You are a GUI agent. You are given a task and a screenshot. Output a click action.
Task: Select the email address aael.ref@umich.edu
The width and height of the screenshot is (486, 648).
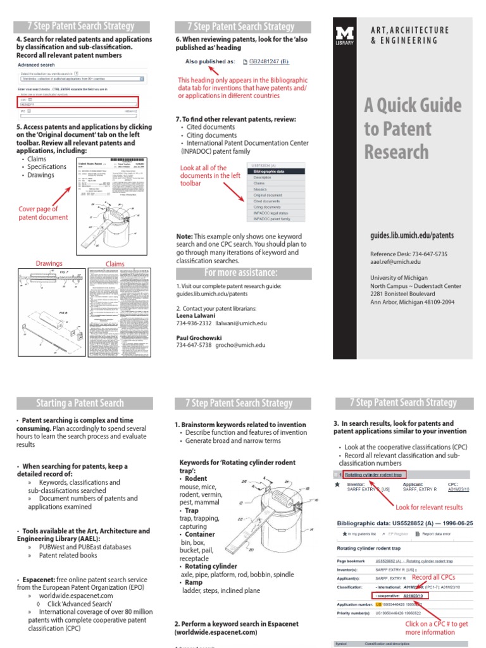point(395,261)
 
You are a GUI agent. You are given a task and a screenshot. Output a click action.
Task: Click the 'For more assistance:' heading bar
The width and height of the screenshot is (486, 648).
point(240,273)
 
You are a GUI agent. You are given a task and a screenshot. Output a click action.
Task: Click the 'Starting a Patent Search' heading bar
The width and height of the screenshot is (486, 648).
point(84,403)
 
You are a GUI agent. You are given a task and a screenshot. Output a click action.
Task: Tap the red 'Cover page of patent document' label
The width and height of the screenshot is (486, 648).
point(43,213)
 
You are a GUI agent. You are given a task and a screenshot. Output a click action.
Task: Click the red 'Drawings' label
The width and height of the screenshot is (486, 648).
point(49,263)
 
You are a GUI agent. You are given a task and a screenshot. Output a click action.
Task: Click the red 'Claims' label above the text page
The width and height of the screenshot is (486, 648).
point(115,264)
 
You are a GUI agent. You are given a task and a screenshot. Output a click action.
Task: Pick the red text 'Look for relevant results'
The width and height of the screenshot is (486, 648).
point(428,507)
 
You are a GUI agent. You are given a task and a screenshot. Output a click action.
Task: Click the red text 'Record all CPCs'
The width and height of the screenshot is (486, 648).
point(433,578)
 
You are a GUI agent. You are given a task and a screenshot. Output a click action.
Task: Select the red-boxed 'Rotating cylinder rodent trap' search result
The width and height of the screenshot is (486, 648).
point(373,475)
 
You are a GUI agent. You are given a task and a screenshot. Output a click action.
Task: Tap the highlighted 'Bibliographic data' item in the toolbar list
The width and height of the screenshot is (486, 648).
point(268,171)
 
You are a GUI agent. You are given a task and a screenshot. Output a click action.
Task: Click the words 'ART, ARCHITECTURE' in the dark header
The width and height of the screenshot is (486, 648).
point(409,30)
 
